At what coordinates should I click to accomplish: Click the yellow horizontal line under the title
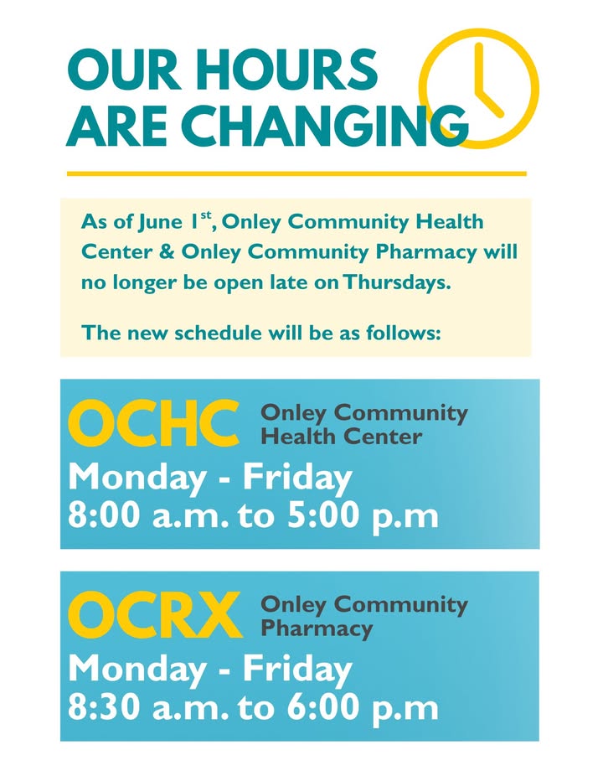(296, 173)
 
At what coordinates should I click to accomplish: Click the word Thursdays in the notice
(397, 282)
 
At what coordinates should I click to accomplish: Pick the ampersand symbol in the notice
(167, 252)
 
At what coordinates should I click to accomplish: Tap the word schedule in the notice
(218, 332)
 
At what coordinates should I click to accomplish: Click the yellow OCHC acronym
(153, 422)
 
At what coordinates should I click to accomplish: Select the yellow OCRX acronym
(154, 614)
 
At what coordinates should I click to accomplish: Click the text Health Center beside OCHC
(342, 437)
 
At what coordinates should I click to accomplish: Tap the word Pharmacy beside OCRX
(317, 628)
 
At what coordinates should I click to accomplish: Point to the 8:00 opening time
(104, 515)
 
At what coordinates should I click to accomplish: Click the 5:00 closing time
(323, 515)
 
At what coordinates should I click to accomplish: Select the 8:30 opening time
(104, 706)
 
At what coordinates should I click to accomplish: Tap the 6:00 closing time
(323, 706)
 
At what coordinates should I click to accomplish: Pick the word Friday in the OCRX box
(297, 670)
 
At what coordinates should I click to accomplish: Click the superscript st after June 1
(206, 215)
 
